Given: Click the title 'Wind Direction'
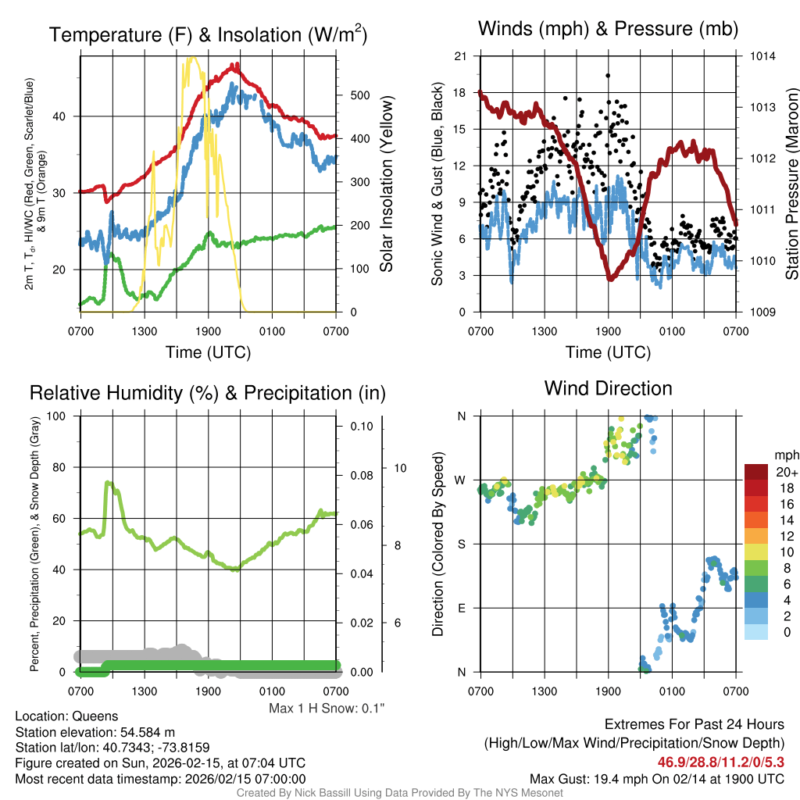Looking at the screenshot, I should coord(608,388).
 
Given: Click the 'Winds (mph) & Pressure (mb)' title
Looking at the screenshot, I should coord(608,30).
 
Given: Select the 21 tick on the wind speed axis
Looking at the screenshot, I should coord(460,56).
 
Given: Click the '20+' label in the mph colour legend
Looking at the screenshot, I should coord(787,473).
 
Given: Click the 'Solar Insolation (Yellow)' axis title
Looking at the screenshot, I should coord(386,184).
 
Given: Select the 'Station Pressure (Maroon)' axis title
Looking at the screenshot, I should coord(791,184).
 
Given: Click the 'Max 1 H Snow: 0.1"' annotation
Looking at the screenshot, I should coord(327,709).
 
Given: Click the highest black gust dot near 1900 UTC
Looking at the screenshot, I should coord(608,76).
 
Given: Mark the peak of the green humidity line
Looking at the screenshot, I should coord(108,483).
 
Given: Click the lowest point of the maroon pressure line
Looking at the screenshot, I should coord(610,279).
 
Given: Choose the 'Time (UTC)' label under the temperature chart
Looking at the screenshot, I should coord(208,352).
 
